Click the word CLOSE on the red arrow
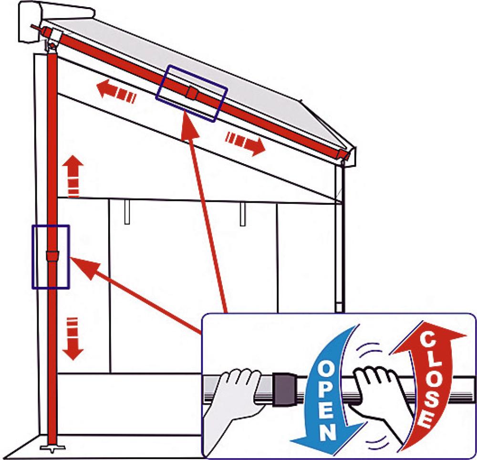click(x=427, y=381)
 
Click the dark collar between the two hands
click(x=285, y=389)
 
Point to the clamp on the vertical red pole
click(x=52, y=256)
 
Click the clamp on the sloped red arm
click(x=192, y=93)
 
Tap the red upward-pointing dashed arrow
click(x=73, y=176)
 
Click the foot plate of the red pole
click(x=52, y=448)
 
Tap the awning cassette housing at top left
click(x=56, y=19)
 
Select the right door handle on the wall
click(x=242, y=214)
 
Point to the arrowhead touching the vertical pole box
click(x=71, y=258)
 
